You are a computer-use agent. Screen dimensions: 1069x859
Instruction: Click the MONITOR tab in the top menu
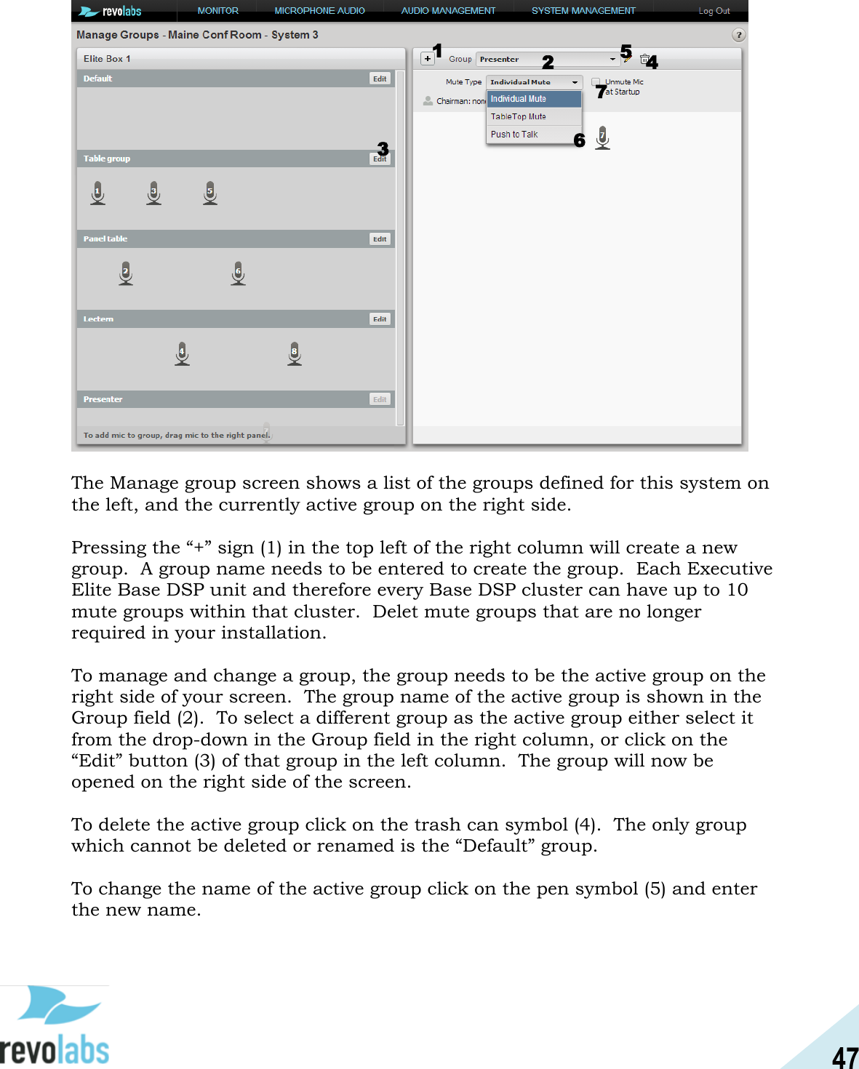[217, 11]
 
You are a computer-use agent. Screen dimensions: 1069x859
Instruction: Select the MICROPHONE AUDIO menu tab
[319, 11]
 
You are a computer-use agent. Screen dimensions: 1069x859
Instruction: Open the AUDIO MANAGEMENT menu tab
[448, 11]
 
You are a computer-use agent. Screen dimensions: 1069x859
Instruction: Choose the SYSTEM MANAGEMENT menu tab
[583, 11]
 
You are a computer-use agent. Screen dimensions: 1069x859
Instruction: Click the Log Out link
[714, 11]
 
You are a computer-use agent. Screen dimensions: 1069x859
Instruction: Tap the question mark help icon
[738, 35]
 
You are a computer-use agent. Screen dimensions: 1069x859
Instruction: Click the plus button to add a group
[428, 59]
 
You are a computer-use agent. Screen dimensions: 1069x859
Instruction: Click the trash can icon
[644, 59]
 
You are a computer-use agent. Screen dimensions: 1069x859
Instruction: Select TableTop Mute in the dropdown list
[519, 116]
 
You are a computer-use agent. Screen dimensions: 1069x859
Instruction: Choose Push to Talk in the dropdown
[514, 135]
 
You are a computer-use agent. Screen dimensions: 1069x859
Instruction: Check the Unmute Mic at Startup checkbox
[596, 82]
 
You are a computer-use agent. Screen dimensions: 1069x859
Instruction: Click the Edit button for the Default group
[380, 79]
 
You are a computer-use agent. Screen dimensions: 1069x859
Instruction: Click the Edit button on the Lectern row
[380, 319]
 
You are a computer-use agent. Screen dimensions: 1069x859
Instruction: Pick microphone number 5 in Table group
[210, 193]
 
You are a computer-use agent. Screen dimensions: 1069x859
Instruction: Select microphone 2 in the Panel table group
[126, 273]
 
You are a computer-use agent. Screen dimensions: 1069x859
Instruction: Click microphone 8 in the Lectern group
[295, 353]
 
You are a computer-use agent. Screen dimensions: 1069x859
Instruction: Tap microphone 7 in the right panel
[602, 137]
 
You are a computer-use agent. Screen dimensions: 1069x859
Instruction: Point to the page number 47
[844, 1057]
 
